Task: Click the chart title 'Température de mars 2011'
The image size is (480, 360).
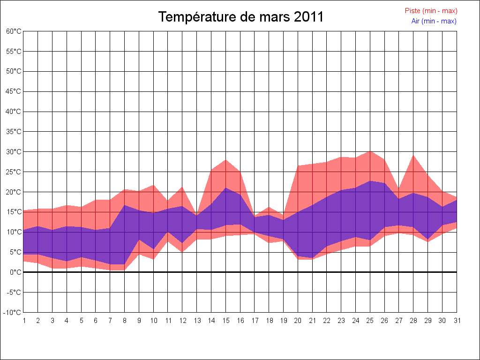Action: (240, 17)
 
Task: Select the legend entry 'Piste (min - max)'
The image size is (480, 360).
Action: (431, 11)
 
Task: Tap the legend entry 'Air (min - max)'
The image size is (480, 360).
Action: (434, 21)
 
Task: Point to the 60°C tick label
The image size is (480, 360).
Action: (14, 31)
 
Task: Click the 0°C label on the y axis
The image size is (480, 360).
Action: (15, 272)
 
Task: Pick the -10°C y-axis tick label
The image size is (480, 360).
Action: (13, 313)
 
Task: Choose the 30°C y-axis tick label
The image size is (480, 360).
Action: (14, 152)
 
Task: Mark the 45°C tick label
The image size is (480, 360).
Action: (14, 91)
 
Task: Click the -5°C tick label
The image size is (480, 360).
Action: (14, 292)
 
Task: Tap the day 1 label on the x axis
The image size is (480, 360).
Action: (23, 321)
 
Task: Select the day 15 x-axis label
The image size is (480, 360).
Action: (226, 321)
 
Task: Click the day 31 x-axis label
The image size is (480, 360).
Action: (457, 321)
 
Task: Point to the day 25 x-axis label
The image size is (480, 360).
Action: (370, 321)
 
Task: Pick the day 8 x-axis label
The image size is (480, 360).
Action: (125, 321)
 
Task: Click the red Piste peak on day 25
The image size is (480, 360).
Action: (370, 151)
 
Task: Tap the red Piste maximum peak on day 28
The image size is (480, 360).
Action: (413, 155)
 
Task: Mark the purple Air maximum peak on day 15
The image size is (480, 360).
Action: (226, 188)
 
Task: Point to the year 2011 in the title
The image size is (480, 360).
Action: (309, 17)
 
